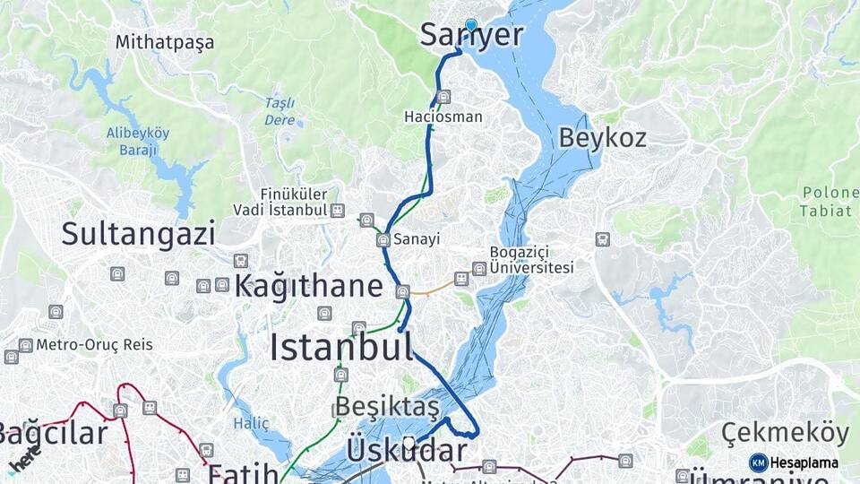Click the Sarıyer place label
point(471,36)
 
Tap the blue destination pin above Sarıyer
point(470,24)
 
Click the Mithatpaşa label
point(165,42)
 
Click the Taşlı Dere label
point(279,110)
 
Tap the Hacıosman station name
point(443,117)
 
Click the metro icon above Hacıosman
point(443,97)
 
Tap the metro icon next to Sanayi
point(383,240)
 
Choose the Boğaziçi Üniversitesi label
point(530,260)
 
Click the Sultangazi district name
point(138,234)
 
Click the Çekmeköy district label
point(784,433)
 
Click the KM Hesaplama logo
point(795,462)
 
